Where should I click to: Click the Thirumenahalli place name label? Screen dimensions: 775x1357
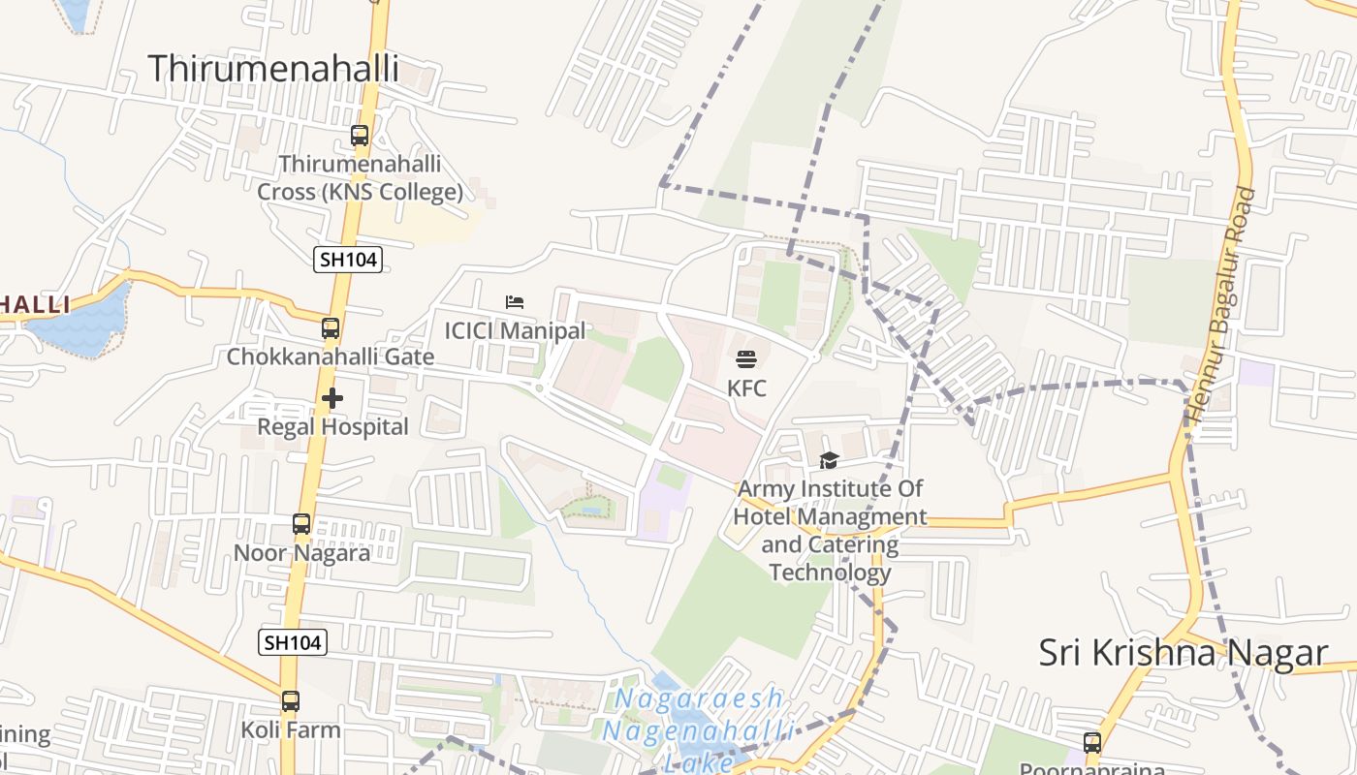[x=273, y=69]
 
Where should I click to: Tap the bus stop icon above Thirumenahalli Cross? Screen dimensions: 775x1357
[x=360, y=136]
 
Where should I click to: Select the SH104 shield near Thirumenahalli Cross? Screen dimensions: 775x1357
[x=348, y=259]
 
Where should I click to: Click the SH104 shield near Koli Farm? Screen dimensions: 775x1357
[x=293, y=641]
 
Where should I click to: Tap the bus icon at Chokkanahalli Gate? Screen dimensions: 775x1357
[x=331, y=328]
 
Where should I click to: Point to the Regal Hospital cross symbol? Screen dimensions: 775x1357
[x=332, y=398]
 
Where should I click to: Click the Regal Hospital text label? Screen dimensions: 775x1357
[x=332, y=426]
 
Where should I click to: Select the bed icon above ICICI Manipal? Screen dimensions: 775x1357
[x=515, y=302]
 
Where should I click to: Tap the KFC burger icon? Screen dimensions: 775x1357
[x=746, y=359]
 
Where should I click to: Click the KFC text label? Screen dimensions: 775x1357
[x=746, y=388]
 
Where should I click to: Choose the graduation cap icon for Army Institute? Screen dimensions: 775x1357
[x=829, y=460]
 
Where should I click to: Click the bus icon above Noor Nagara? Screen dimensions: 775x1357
[x=301, y=524]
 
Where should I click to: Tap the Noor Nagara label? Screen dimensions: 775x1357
[x=301, y=553]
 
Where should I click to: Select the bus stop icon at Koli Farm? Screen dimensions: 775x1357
[x=291, y=701]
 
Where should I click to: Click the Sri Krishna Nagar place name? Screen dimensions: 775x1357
[x=1183, y=653]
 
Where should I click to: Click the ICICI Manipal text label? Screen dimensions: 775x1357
[x=515, y=330]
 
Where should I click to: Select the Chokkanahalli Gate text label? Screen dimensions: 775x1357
[x=331, y=356]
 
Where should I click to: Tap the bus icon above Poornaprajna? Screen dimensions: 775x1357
[x=1092, y=743]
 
